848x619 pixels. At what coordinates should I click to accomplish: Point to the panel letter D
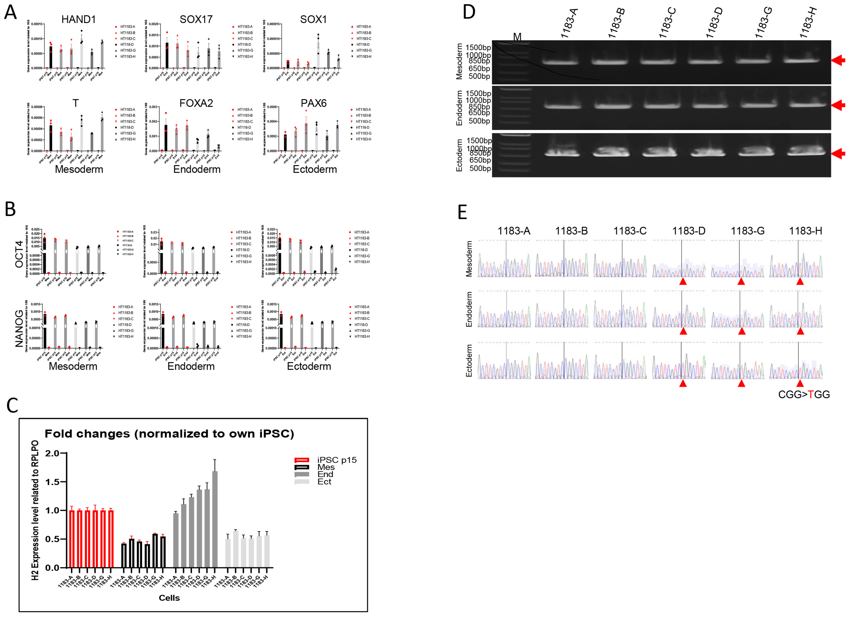[469, 12]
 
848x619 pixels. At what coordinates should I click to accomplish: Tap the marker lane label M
[517, 37]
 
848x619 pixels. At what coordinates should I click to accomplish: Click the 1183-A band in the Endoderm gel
[559, 106]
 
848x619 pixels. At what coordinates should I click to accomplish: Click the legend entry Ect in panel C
[324, 482]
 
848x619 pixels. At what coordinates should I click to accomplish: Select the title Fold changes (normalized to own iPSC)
[169, 434]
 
